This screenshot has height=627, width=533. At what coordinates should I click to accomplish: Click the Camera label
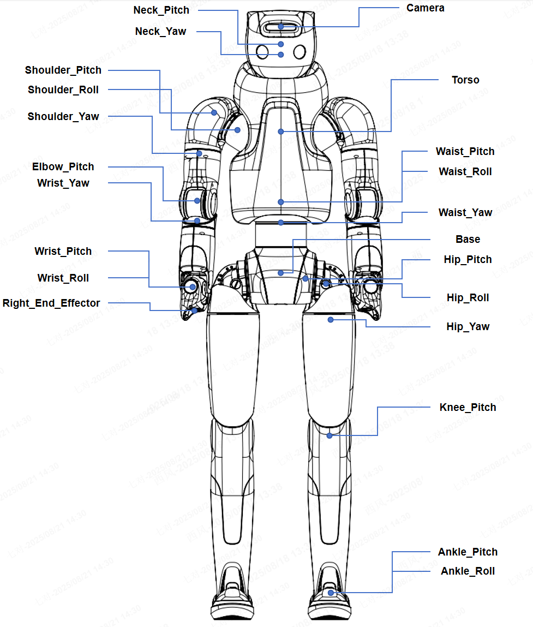click(x=425, y=8)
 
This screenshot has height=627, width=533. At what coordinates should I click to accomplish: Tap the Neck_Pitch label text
click(x=161, y=10)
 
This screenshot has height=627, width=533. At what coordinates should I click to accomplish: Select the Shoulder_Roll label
click(x=63, y=90)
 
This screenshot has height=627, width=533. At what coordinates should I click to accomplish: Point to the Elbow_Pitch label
click(x=63, y=167)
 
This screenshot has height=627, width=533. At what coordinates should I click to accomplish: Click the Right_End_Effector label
click(x=51, y=303)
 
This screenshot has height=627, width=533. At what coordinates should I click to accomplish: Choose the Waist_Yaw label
click(x=465, y=213)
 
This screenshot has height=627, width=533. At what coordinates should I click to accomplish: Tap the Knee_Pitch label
click(x=468, y=408)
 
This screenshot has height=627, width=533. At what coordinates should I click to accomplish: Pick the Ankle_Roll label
click(x=468, y=571)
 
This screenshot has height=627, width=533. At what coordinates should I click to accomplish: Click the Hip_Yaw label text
click(x=468, y=327)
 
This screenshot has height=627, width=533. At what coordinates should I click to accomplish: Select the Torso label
click(x=465, y=80)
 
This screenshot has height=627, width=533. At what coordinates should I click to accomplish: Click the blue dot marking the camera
click(x=280, y=26)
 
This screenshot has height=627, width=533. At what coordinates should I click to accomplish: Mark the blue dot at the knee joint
click(x=330, y=435)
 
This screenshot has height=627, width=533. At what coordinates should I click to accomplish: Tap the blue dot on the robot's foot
click(x=331, y=592)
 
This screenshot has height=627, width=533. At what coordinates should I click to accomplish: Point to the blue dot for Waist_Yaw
click(x=280, y=223)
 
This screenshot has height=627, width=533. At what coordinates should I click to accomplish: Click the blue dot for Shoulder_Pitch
click(x=214, y=113)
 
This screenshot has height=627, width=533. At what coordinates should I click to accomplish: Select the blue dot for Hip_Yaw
click(x=330, y=320)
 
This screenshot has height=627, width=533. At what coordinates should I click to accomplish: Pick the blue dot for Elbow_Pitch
click(x=197, y=201)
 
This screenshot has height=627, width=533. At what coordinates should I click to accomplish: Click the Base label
click(x=468, y=240)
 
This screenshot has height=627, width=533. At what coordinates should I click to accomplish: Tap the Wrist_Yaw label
click(x=63, y=183)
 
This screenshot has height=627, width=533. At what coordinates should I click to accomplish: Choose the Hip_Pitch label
click(x=468, y=260)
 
